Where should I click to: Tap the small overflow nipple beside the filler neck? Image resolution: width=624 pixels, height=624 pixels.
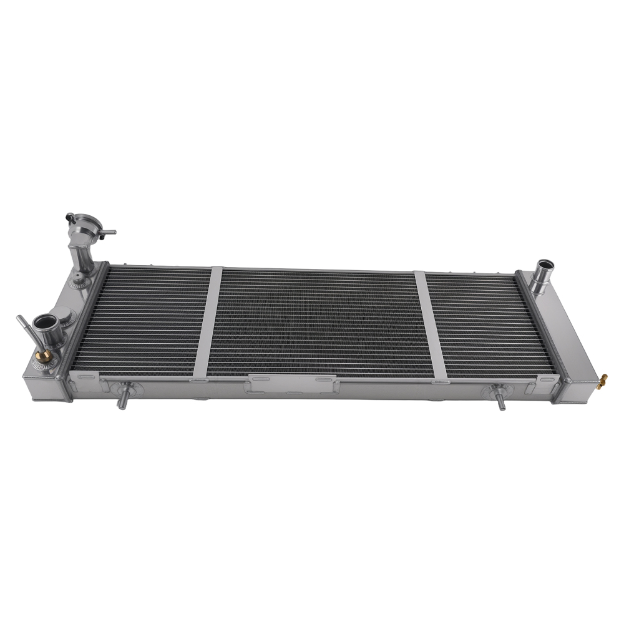[110, 232]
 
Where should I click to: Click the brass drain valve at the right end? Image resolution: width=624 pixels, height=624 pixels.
[603, 379]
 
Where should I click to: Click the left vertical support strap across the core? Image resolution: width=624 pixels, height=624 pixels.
[208, 321]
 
